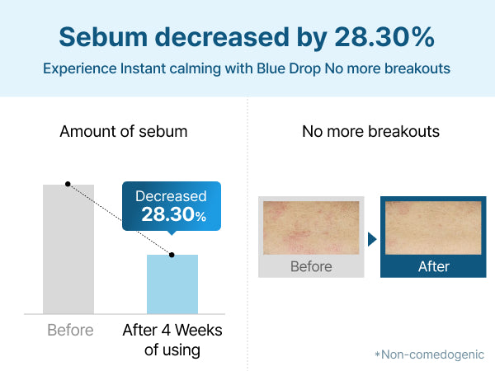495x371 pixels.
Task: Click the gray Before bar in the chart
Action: (x=68, y=249)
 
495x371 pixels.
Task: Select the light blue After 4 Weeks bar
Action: (x=172, y=284)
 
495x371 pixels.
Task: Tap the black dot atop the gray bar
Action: (x=68, y=184)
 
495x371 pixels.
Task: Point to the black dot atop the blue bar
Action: (x=172, y=255)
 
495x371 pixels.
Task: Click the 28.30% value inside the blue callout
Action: (x=174, y=214)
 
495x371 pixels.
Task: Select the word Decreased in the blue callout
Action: (x=171, y=196)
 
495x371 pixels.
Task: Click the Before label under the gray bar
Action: (x=70, y=331)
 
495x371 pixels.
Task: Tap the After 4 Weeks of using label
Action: (x=172, y=340)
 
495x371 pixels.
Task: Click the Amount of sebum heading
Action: (x=124, y=132)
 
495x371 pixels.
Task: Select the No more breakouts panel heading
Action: (x=371, y=132)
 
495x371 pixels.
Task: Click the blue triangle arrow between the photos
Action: (x=372, y=239)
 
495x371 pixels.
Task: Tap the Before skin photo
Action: (x=311, y=228)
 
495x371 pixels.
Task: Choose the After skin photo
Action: (x=433, y=228)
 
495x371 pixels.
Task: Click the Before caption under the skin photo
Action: (x=311, y=266)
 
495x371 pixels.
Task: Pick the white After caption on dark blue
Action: (x=434, y=266)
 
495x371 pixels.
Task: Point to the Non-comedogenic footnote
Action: (x=429, y=355)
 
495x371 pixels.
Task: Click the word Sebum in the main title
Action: (x=103, y=37)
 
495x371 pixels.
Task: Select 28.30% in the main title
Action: (x=384, y=37)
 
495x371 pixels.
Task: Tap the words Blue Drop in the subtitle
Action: (x=289, y=68)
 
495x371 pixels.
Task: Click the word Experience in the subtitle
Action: (x=80, y=68)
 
